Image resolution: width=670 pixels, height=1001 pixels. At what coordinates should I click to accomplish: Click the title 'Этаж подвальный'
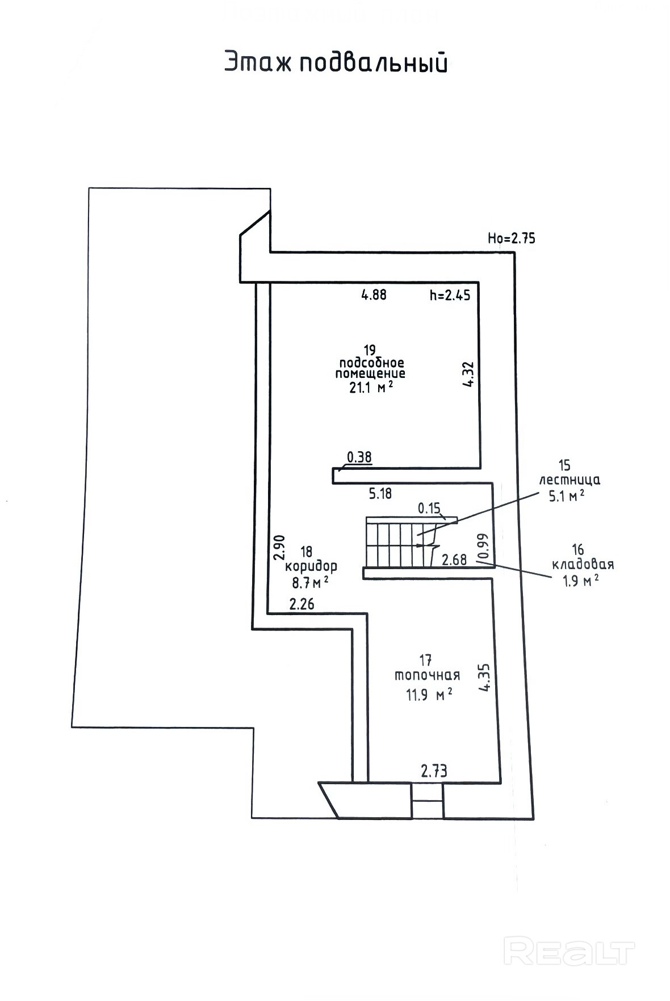pyautogui.click(x=336, y=62)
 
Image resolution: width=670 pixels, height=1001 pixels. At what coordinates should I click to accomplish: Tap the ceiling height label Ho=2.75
pyautogui.click(x=511, y=238)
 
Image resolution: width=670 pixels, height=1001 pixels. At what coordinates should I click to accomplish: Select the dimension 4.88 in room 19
pyautogui.click(x=374, y=295)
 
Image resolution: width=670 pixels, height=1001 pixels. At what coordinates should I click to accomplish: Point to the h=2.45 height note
pyautogui.click(x=450, y=295)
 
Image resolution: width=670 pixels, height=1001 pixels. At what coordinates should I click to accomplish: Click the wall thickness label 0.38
pyautogui.click(x=359, y=457)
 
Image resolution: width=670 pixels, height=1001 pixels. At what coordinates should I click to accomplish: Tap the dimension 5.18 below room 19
pyautogui.click(x=380, y=494)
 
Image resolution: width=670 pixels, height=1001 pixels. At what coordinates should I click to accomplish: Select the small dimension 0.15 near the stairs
pyautogui.click(x=429, y=508)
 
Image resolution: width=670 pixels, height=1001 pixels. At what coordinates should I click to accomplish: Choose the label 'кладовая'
pyautogui.click(x=583, y=565)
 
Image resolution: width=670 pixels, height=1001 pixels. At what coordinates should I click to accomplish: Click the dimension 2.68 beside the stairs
pyautogui.click(x=454, y=560)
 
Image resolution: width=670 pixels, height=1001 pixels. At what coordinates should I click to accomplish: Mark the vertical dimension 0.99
pyautogui.click(x=483, y=547)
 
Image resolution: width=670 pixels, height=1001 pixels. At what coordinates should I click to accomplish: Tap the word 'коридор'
pyautogui.click(x=311, y=566)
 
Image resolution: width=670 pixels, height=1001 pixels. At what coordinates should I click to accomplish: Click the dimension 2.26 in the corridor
pyautogui.click(x=301, y=604)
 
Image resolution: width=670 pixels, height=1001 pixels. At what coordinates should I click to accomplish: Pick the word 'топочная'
pyautogui.click(x=427, y=675)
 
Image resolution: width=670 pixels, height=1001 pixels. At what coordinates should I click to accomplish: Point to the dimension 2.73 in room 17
pyautogui.click(x=434, y=771)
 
